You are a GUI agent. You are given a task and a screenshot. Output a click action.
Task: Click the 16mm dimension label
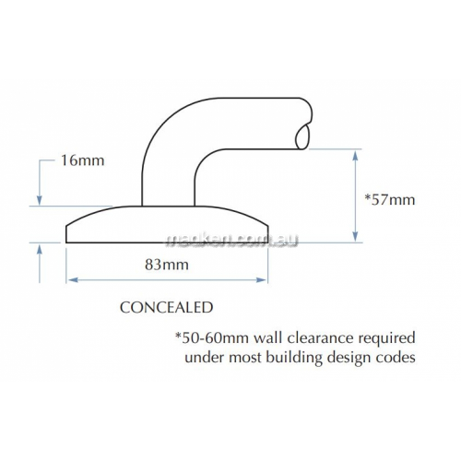(x=83, y=160)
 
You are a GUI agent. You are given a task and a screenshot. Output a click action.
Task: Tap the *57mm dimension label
(x=389, y=200)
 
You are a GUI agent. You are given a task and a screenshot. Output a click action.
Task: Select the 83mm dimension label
(x=167, y=265)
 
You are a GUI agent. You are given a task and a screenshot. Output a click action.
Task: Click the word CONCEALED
(x=166, y=308)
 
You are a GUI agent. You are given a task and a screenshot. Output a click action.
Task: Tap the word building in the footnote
(x=294, y=359)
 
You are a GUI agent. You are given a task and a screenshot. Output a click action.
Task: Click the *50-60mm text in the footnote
(x=212, y=338)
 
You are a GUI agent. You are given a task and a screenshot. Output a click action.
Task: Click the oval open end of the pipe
(x=302, y=136)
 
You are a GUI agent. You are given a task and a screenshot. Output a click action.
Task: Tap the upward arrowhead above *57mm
(x=355, y=157)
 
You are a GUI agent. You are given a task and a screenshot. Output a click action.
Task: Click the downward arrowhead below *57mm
(x=355, y=235)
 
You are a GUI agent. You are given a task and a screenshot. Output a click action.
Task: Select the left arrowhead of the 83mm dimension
(x=73, y=279)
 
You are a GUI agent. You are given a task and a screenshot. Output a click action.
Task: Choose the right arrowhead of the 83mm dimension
(x=261, y=279)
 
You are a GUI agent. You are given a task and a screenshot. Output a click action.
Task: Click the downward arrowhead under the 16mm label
(x=40, y=199)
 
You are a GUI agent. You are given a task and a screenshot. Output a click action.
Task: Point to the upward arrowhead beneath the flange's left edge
(x=40, y=249)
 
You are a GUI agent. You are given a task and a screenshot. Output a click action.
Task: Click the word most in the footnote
(x=245, y=359)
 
